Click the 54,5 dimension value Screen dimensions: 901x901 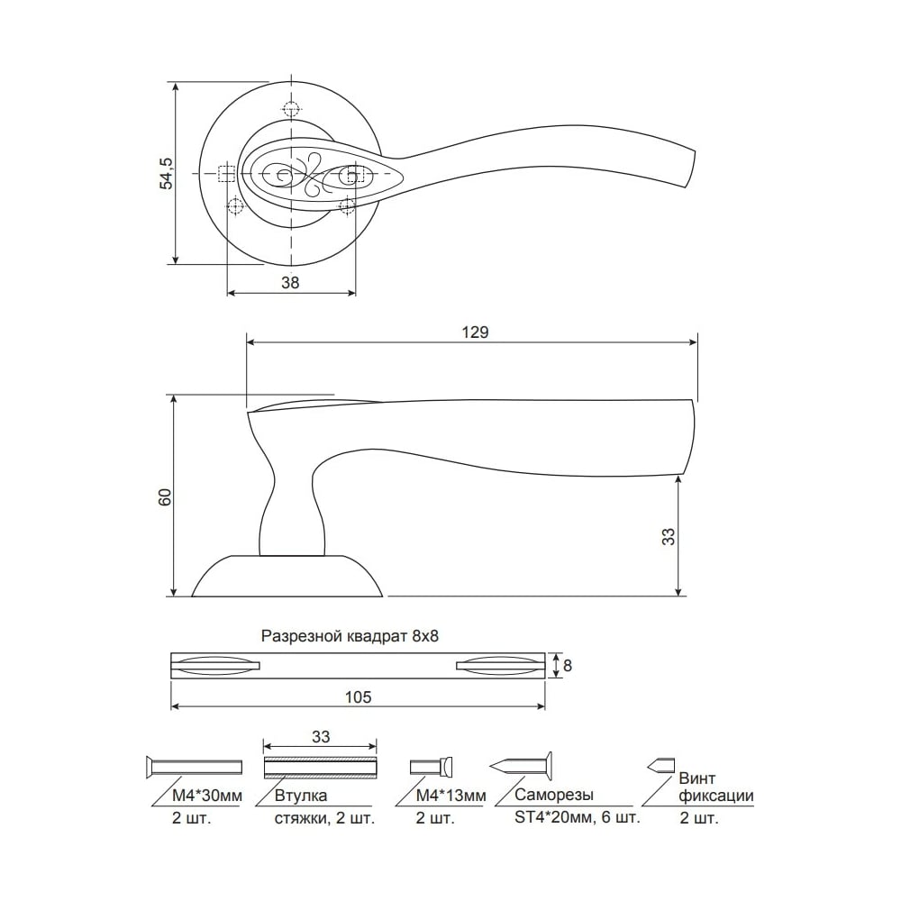pyautogui.click(x=166, y=174)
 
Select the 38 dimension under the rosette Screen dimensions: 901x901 pyautogui.click(x=291, y=283)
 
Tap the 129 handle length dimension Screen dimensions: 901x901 pyautogui.click(x=475, y=332)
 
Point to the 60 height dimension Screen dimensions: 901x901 pyautogui.click(x=165, y=496)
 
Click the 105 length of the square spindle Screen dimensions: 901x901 pyautogui.click(x=358, y=697)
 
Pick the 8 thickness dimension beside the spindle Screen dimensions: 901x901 pyautogui.click(x=568, y=666)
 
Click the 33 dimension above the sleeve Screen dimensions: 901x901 pyautogui.click(x=322, y=737)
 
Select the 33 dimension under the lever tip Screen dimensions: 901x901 pyautogui.click(x=669, y=537)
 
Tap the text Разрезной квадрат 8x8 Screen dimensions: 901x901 pyautogui.click(x=350, y=636)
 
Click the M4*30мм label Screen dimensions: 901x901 pyautogui.click(x=207, y=796)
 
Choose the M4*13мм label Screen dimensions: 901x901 pyautogui.click(x=451, y=796)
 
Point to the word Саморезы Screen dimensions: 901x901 pyautogui.click(x=554, y=796)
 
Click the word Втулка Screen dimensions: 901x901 pyautogui.click(x=301, y=796)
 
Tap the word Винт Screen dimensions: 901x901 pyautogui.click(x=697, y=778)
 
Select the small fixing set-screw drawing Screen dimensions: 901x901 pyautogui.click(x=660, y=765)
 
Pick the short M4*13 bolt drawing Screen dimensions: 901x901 pyautogui.click(x=432, y=767)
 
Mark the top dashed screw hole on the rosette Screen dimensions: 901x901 pyautogui.click(x=292, y=109)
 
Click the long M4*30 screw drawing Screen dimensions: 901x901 pyautogui.click(x=195, y=767)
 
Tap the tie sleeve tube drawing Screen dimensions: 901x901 pyautogui.click(x=320, y=768)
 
